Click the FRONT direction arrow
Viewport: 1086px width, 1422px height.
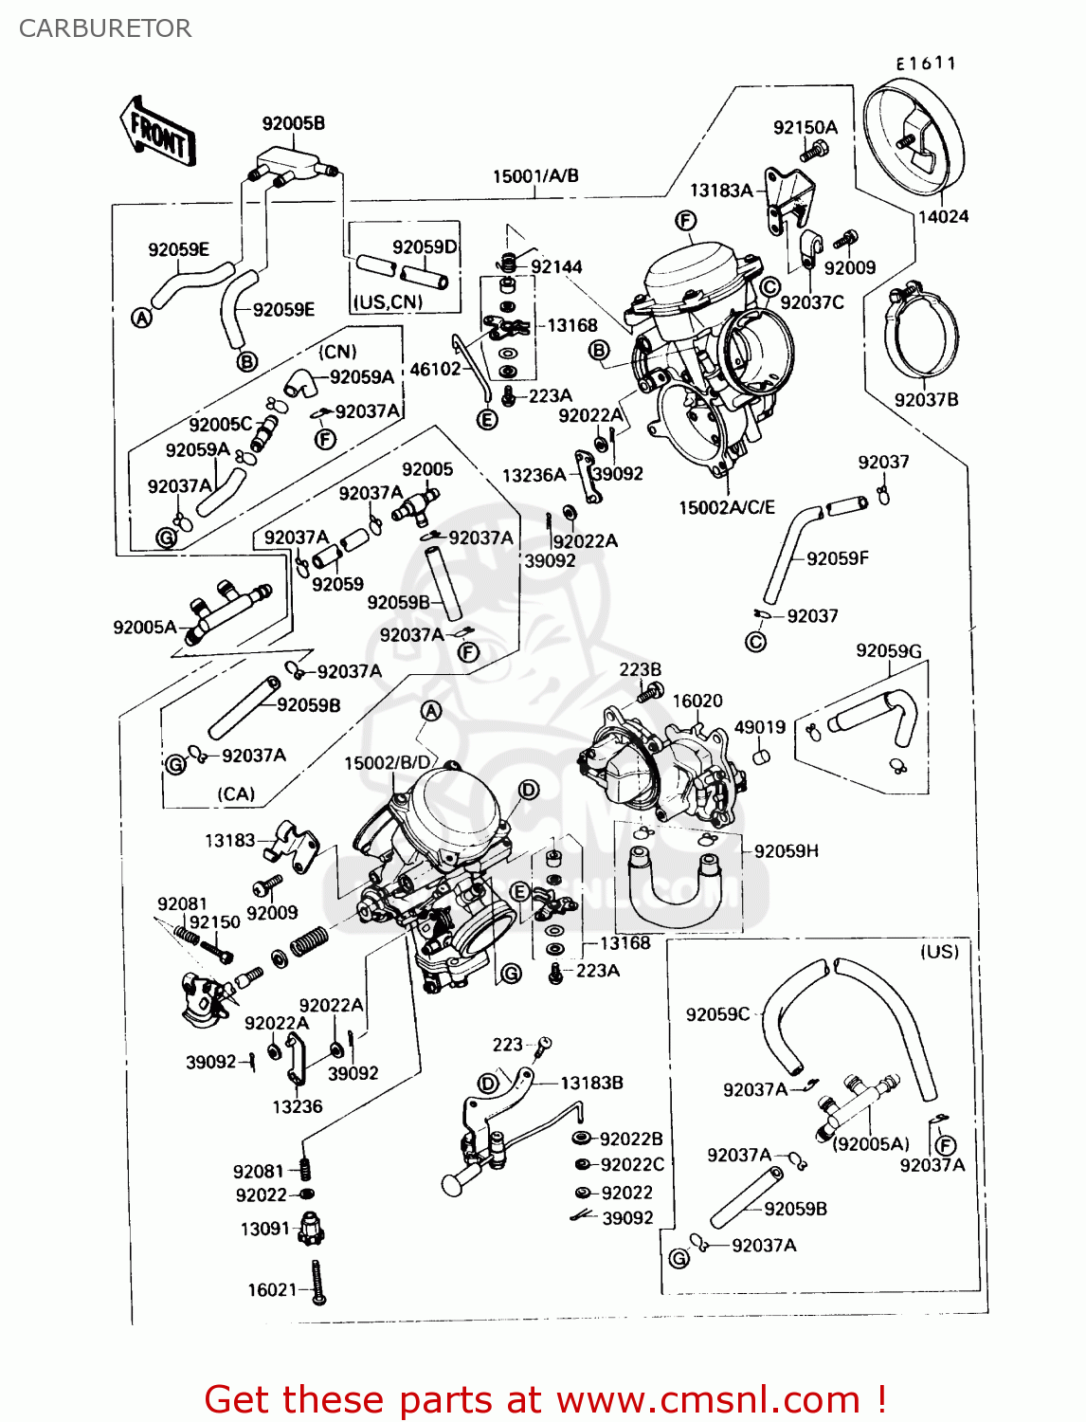(158, 134)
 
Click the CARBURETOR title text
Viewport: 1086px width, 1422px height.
(104, 28)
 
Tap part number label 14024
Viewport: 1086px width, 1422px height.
(943, 217)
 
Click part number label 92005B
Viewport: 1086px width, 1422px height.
(293, 123)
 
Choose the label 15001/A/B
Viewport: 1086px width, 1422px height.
(535, 176)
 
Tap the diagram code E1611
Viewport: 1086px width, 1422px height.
(926, 64)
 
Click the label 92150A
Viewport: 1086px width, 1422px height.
(805, 128)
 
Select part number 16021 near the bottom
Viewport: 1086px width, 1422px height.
(272, 1290)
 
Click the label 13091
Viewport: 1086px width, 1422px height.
(264, 1230)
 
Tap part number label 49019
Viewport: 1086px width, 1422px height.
(760, 727)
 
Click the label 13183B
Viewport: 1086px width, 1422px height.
(591, 1083)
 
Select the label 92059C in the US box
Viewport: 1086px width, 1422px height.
(717, 1014)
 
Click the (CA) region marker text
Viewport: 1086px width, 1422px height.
(236, 793)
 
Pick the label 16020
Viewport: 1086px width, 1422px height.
(697, 701)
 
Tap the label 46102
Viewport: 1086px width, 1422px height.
(435, 369)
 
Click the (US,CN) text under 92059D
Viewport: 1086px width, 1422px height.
(388, 302)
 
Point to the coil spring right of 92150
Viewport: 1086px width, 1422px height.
(308, 941)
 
